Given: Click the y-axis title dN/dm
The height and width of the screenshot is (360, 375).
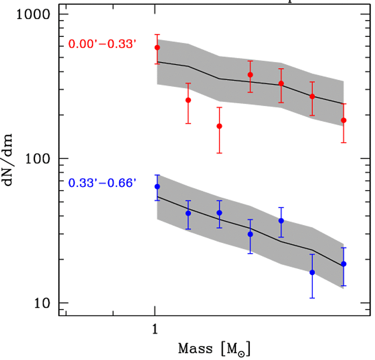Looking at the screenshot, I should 11,159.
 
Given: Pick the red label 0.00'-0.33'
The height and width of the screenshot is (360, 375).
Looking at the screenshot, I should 102,44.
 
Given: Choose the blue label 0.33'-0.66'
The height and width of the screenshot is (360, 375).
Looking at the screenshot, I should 102,183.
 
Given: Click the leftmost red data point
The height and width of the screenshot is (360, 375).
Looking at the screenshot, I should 157,48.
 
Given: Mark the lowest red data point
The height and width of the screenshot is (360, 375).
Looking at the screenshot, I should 219,126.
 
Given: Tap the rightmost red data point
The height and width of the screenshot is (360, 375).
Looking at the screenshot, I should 344,120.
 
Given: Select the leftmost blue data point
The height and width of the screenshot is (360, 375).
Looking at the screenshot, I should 157,187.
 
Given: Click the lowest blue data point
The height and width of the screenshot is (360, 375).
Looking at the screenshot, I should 312,272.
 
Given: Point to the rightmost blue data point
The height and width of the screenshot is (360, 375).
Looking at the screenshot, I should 344,264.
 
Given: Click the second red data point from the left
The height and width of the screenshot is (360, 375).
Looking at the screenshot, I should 188,100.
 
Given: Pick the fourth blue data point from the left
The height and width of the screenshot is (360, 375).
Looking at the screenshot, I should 250,234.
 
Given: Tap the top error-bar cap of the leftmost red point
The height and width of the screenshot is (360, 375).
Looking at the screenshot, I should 157,34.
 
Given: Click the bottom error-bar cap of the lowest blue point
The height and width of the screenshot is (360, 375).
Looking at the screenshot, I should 312,298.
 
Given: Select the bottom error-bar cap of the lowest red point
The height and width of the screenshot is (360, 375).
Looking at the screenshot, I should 219,153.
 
